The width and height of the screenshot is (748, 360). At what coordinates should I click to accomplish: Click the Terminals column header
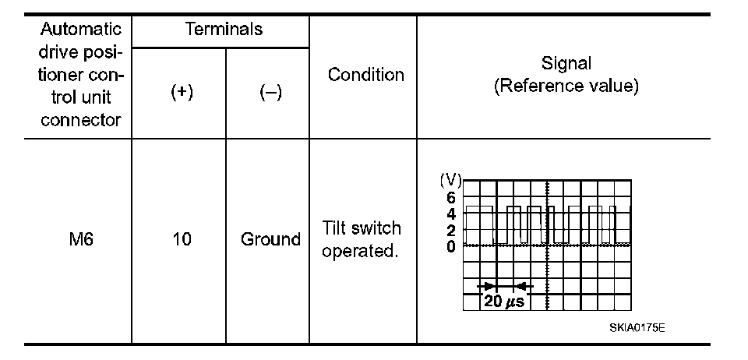click(x=224, y=30)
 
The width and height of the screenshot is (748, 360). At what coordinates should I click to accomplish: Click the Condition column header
click(x=366, y=75)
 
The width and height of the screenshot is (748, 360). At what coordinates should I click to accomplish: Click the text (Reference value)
click(x=566, y=86)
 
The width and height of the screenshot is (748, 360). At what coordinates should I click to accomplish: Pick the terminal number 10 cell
click(x=181, y=239)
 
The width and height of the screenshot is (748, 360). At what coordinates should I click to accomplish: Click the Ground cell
click(x=270, y=239)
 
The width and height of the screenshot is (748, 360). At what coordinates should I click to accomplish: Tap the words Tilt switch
click(x=362, y=228)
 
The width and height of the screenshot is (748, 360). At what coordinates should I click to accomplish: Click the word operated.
click(x=362, y=252)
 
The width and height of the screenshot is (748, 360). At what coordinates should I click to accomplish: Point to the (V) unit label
click(x=450, y=181)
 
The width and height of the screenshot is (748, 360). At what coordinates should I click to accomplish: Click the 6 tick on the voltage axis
click(x=451, y=198)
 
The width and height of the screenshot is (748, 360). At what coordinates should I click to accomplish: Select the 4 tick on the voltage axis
click(x=451, y=214)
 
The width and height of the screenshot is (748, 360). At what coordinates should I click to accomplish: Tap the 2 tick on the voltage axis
click(x=451, y=231)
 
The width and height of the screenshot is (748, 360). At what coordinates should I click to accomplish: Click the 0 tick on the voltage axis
click(x=451, y=246)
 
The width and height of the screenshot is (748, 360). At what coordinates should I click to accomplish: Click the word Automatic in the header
click(x=81, y=30)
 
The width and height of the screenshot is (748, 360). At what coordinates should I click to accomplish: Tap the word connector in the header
click(x=81, y=120)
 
